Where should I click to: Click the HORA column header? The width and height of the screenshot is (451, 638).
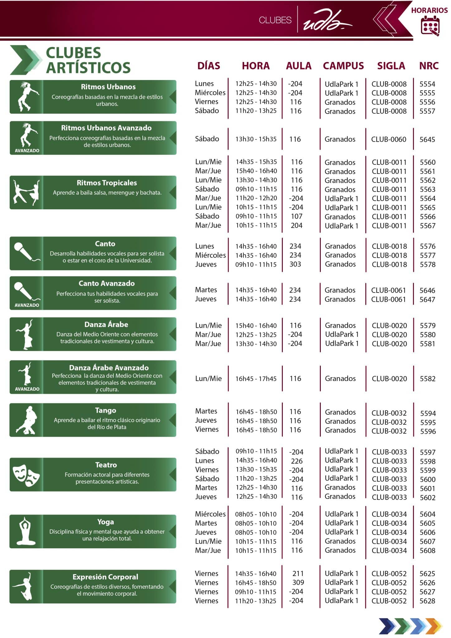click(255, 66)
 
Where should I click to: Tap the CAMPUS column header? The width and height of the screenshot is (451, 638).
click(343, 66)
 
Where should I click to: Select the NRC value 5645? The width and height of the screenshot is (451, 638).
click(427, 139)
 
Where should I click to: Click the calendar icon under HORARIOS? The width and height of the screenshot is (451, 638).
click(430, 26)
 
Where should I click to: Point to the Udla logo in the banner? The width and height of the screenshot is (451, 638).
click(327, 21)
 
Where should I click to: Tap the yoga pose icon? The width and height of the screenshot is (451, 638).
click(26, 531)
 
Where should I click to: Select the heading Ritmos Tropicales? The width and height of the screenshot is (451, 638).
click(107, 183)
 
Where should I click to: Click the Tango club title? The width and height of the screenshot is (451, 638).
click(106, 410)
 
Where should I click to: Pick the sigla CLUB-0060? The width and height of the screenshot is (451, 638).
click(389, 139)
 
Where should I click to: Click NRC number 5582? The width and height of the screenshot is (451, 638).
click(427, 379)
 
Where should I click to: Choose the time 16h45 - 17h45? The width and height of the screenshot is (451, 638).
click(256, 379)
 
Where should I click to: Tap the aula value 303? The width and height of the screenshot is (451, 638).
click(295, 264)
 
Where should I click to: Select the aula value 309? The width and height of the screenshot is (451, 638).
click(298, 582)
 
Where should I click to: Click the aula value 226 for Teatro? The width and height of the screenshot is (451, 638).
click(297, 461)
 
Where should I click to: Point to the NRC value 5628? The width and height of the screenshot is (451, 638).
click(427, 601)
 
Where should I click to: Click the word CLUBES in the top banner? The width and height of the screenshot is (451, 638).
click(275, 20)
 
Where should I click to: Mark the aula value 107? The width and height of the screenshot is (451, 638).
click(297, 216)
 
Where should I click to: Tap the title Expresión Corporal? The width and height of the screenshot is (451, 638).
click(105, 577)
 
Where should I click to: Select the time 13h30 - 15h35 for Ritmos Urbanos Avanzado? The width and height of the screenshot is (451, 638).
click(256, 139)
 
